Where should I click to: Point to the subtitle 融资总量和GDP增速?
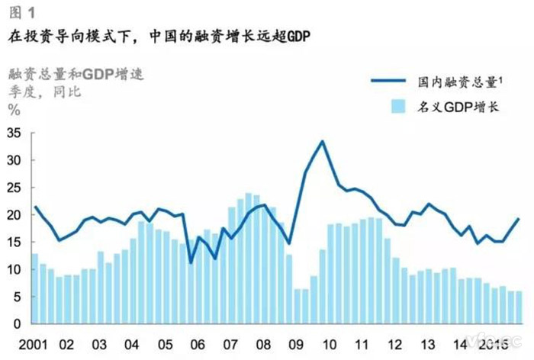coord(76,74)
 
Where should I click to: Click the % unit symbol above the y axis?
coord(14,108)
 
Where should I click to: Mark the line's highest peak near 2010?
coord(323,141)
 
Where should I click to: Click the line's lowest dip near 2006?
coord(191,262)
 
